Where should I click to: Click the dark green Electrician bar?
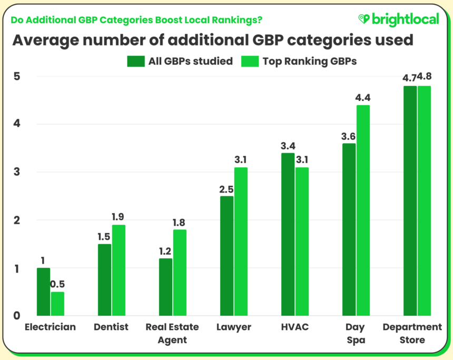[x=43, y=292]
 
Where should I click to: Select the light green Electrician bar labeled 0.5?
[x=57, y=304]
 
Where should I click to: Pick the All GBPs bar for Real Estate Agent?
[x=165, y=287]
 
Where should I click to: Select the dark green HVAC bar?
[x=288, y=234]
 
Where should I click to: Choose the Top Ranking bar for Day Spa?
[x=363, y=211]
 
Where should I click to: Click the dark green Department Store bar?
[x=410, y=201]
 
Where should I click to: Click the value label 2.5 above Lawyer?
[x=226, y=188]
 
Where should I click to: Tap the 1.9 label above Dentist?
[x=118, y=216]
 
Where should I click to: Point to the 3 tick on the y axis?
[x=16, y=172]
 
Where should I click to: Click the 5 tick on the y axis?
[x=16, y=76]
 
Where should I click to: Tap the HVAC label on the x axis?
[x=294, y=327]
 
